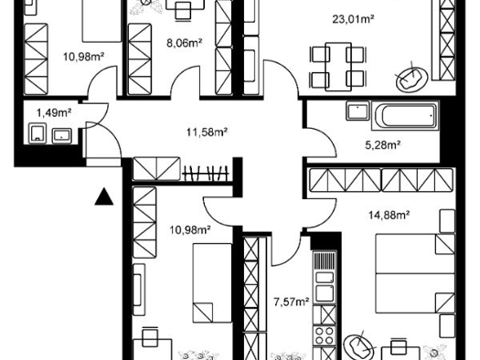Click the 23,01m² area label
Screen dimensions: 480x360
(x=353, y=19)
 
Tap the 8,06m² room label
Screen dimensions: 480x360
(x=185, y=43)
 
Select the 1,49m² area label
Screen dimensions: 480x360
(x=54, y=113)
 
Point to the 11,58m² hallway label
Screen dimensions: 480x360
(x=207, y=132)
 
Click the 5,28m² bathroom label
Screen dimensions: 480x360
(x=383, y=144)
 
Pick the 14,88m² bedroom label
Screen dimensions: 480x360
(x=389, y=215)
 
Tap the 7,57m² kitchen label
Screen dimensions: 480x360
(x=291, y=302)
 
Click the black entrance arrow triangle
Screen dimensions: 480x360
(x=104, y=196)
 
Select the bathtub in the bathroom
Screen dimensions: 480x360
(x=405, y=116)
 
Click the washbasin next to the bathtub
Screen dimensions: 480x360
(x=357, y=111)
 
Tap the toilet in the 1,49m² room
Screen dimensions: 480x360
(x=37, y=133)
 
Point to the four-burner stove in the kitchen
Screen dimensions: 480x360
(x=325, y=335)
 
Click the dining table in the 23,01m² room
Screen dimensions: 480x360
(x=338, y=67)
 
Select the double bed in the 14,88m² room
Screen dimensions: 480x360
(x=415, y=273)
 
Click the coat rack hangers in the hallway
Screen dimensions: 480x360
(x=206, y=174)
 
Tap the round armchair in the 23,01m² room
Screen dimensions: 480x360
(x=411, y=79)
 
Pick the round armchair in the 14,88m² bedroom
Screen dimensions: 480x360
(x=359, y=346)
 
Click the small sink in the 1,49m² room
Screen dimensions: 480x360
(x=62, y=135)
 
